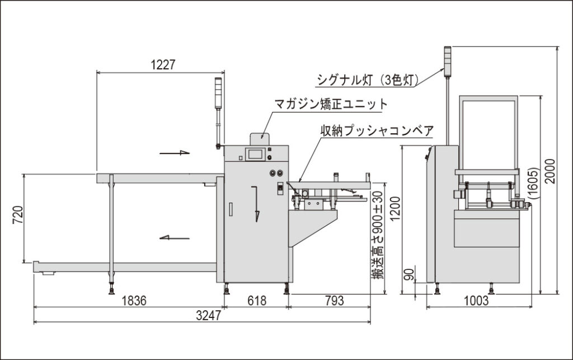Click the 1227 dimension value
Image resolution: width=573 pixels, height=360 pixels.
tap(163, 65)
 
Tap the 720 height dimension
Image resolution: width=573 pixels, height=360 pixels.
tap(18, 215)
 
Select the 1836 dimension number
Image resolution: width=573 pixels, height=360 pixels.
tap(134, 301)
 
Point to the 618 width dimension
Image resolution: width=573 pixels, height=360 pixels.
tap(257, 301)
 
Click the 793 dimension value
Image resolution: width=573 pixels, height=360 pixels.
tap(335, 301)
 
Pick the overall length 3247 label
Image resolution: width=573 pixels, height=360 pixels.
tap(208, 315)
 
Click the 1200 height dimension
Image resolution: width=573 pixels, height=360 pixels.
tap(396, 209)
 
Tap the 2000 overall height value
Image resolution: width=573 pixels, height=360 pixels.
tap(549, 171)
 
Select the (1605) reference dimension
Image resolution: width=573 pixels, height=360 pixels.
tap(534, 183)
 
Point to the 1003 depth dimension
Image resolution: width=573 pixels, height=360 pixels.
tap(476, 301)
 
